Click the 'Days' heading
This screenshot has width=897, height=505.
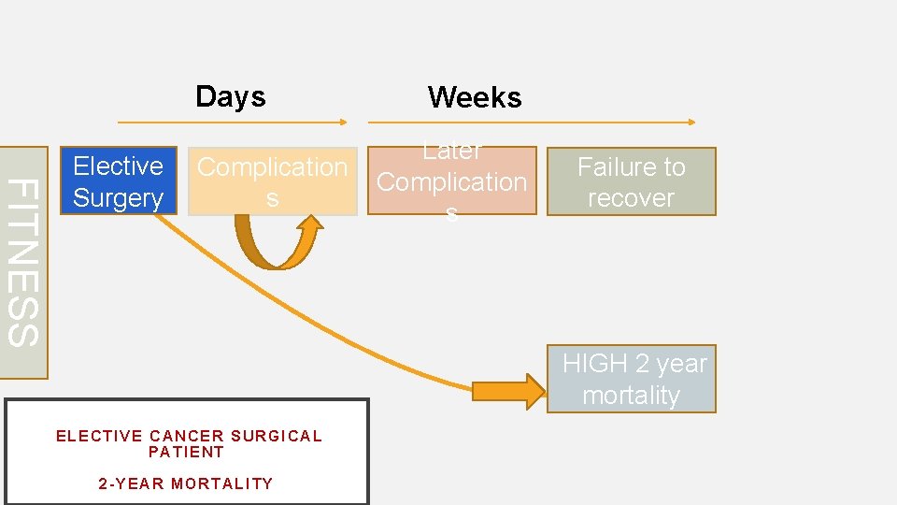tap(231, 96)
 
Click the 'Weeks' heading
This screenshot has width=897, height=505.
tap(475, 97)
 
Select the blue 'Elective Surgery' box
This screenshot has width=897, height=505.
tap(118, 181)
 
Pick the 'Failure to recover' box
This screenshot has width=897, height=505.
tap(631, 181)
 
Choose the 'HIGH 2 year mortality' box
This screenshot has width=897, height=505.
tap(632, 379)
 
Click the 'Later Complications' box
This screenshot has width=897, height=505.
tap(452, 181)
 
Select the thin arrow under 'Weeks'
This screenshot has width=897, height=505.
tap(532, 122)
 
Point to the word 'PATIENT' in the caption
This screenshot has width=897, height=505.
tap(187, 452)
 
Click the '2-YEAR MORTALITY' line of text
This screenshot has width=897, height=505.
tap(186, 483)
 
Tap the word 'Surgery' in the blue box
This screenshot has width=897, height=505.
tap(118, 198)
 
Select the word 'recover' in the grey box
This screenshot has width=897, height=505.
tap(631, 198)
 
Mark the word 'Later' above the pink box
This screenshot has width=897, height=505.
tap(452, 151)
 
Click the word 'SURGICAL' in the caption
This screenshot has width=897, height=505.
tap(276, 436)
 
